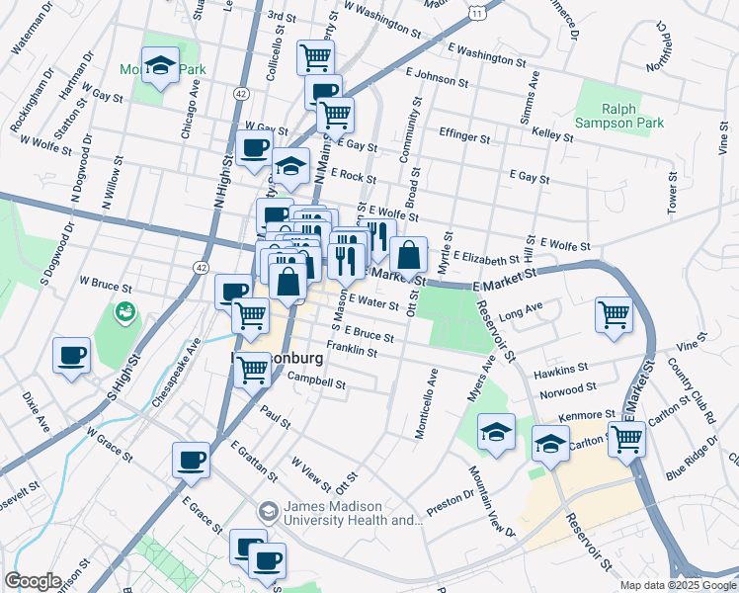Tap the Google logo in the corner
(x=34, y=581)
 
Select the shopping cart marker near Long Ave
(x=614, y=314)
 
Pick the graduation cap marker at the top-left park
(x=160, y=66)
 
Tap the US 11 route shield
(x=477, y=11)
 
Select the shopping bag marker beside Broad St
(x=408, y=256)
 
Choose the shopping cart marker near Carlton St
(x=626, y=440)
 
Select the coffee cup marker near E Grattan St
(x=191, y=460)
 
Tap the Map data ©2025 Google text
(x=678, y=585)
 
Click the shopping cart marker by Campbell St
(x=253, y=369)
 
